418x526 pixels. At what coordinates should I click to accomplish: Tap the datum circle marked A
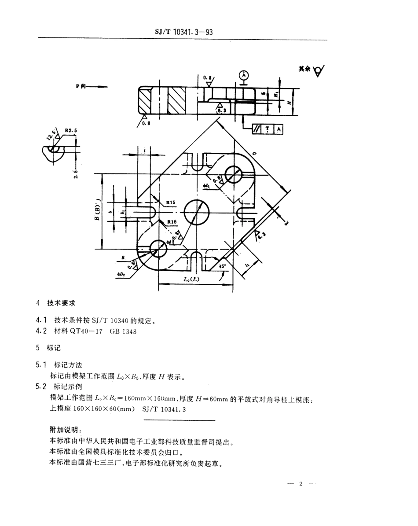click(x=243, y=75)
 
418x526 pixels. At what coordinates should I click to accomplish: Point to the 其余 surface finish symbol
click(x=312, y=70)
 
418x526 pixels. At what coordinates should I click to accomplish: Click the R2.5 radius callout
click(x=70, y=131)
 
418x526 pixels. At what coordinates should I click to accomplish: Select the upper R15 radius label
click(x=171, y=203)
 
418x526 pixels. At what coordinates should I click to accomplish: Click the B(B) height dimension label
click(x=97, y=212)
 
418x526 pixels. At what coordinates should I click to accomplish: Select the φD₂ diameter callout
click(x=121, y=274)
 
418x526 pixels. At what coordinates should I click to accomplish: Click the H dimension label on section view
click(x=288, y=102)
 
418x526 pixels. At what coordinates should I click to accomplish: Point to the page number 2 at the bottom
click(x=301, y=484)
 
